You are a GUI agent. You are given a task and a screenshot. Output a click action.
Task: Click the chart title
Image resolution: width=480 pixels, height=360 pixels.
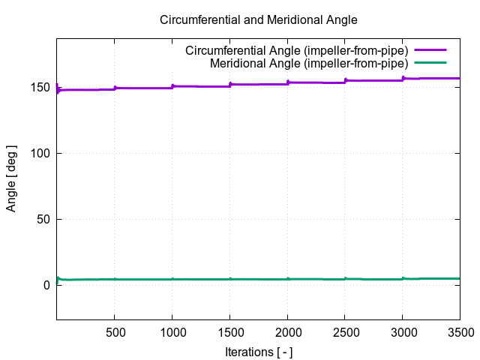coord(259,20)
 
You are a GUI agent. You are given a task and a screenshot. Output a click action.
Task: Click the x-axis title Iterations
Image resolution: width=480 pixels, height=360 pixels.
coord(259,351)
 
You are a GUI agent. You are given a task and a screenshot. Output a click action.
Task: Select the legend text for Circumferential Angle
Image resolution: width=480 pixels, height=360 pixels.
coord(296,51)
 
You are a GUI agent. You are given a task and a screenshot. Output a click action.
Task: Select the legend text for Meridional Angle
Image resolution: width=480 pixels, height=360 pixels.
coord(308,63)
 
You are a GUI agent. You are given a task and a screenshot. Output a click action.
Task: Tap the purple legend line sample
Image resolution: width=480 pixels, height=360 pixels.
coord(430,51)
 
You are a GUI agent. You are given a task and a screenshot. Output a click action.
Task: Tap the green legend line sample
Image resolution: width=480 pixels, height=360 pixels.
coord(430,63)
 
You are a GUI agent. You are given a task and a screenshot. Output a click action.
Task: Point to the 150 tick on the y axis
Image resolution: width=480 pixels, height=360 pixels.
coord(41,88)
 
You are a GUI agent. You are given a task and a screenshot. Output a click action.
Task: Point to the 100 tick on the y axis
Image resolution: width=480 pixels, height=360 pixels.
coord(41,154)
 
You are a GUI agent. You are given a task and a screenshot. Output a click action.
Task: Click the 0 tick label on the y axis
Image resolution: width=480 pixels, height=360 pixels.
coord(47,286)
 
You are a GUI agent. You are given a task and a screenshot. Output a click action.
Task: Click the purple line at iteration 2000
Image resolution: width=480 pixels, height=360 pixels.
coord(288,82)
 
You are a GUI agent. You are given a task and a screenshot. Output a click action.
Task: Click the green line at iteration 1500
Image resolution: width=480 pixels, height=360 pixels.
coord(230,279)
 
